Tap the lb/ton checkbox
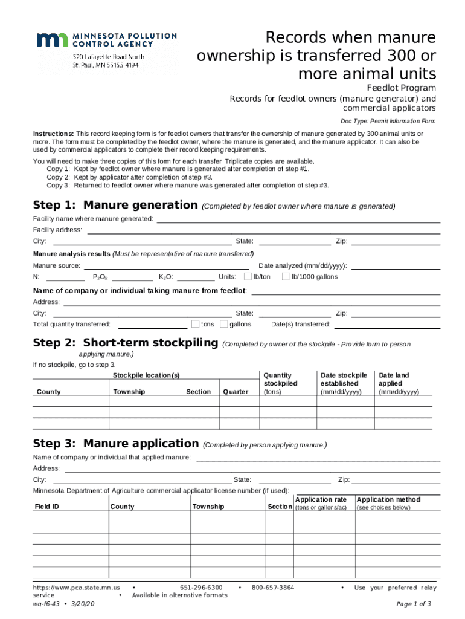click(x=248, y=277)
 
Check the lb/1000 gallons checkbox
click(x=286, y=277)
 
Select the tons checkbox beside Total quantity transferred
click(x=195, y=324)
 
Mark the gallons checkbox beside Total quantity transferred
click(x=224, y=324)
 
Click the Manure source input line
click(x=166, y=266)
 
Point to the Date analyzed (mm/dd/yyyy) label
click(x=302, y=266)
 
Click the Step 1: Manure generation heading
click(x=115, y=205)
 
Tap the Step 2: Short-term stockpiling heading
click(x=125, y=343)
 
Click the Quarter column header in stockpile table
click(x=236, y=392)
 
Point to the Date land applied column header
click(x=399, y=383)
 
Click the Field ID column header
click(x=47, y=507)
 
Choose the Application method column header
click(x=388, y=499)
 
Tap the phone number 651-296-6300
click(x=201, y=588)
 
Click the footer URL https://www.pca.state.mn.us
click(x=76, y=588)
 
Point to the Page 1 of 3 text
click(x=414, y=604)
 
